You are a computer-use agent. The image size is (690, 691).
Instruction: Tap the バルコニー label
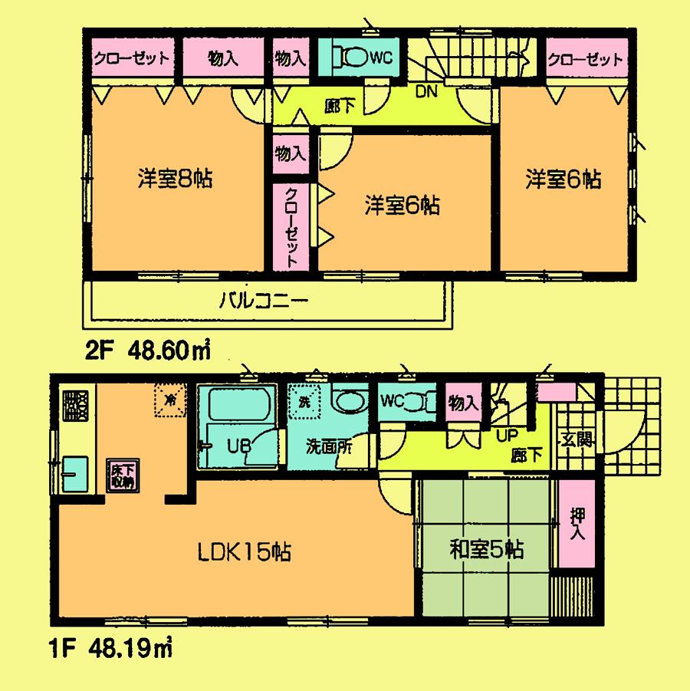(264, 301)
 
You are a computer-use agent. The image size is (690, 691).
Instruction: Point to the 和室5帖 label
(486, 550)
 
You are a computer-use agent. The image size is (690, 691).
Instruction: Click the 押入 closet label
(576, 524)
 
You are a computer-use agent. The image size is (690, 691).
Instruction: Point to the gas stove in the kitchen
(75, 406)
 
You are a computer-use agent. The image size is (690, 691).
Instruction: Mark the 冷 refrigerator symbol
(169, 398)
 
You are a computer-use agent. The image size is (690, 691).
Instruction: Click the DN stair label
(426, 93)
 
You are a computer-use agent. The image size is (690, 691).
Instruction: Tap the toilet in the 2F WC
(353, 56)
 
